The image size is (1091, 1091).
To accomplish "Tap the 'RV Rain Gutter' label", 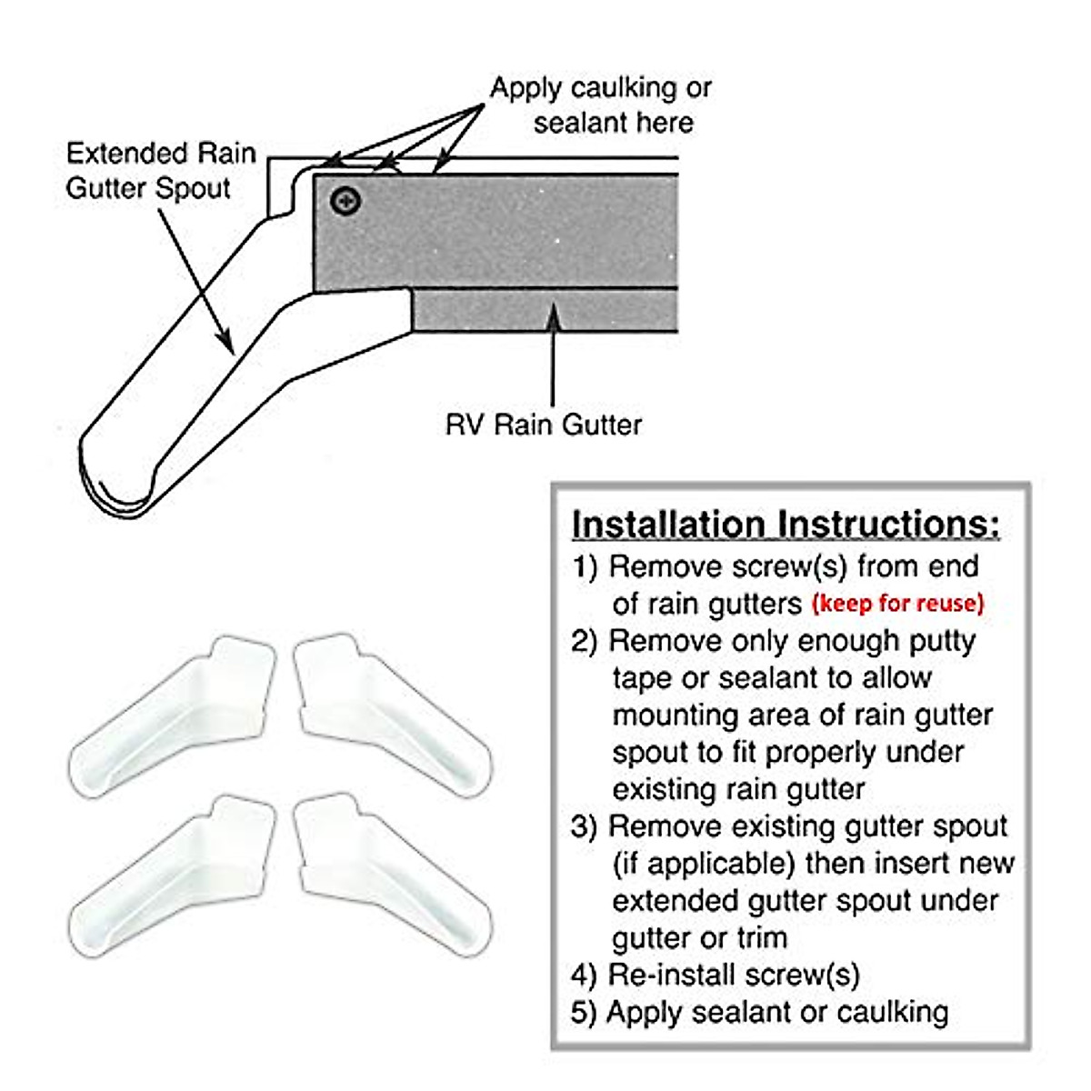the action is [544, 425].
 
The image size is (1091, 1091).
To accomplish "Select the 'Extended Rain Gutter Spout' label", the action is [161, 170].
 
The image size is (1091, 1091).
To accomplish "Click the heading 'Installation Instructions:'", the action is [786, 525].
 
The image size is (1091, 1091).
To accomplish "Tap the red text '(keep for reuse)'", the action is [897, 603].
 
